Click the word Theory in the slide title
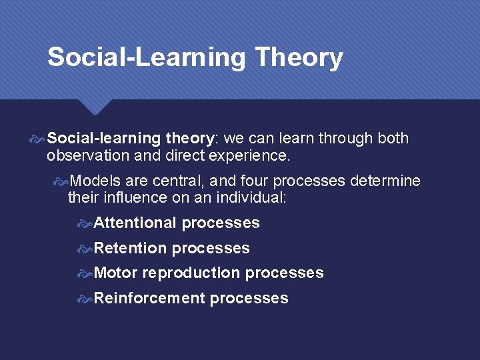pos(299,57)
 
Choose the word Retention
pos(130,249)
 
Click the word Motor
pos(116,273)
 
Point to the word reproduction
pos(191,273)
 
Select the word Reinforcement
pos(149,299)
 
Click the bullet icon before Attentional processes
pos(85,223)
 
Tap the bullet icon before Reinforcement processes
pos(85,299)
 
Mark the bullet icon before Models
pos(61,181)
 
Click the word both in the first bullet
pos(393,139)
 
